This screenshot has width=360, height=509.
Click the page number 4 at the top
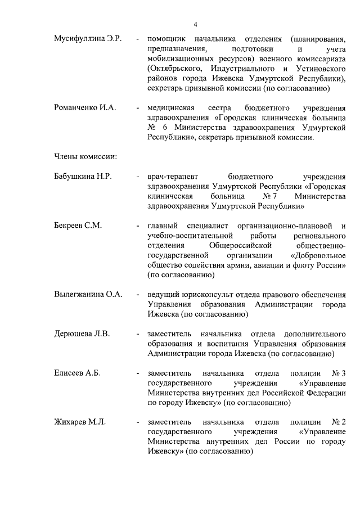coord(195,24)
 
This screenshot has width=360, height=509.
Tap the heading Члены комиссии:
coord(85,156)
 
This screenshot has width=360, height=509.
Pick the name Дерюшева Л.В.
coord(82,334)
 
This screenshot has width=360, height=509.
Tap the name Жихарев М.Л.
coord(80,422)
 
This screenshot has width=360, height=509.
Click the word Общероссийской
coord(240,245)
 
